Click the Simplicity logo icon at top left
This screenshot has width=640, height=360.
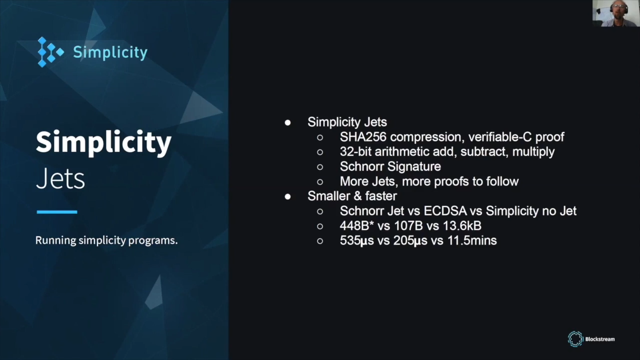tap(50, 52)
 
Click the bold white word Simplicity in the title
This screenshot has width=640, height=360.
tap(103, 142)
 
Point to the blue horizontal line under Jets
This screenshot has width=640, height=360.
tap(57, 212)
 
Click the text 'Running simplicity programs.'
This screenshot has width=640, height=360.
tap(106, 240)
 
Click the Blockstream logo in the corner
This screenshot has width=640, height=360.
tap(591, 339)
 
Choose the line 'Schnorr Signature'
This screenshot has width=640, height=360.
tap(390, 166)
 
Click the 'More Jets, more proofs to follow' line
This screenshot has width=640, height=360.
tap(429, 181)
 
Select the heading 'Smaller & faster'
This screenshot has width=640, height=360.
tap(352, 196)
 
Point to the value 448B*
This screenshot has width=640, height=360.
tap(356, 226)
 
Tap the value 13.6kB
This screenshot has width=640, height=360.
tap(462, 226)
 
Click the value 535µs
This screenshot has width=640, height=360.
tap(356, 240)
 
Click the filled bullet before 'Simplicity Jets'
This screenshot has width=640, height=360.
tap(287, 122)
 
